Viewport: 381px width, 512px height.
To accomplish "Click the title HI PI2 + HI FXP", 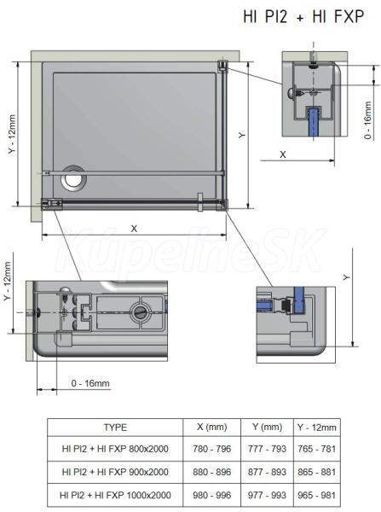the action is tap(303, 16).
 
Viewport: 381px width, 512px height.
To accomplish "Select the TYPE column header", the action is tap(115, 428).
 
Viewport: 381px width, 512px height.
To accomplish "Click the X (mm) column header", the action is tap(211, 427).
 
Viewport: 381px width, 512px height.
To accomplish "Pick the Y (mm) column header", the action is tap(267, 427).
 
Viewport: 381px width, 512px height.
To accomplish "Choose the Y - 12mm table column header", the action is tap(316, 428).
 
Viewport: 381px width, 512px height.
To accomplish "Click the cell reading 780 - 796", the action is tap(211, 449).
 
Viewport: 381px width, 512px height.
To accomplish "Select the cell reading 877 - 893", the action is tap(267, 472).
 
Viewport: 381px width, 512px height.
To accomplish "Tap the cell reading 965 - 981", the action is tap(316, 495).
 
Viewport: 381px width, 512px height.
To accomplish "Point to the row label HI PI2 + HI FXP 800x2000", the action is tap(115, 449).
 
